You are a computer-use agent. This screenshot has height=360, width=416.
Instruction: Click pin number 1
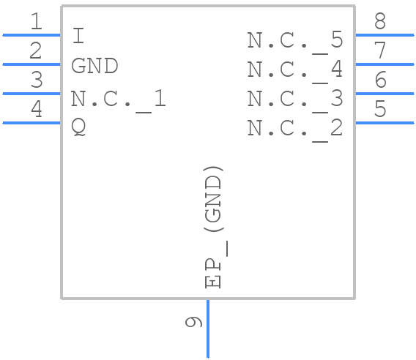pos(36,22)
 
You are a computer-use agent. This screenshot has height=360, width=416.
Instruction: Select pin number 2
pos(36,51)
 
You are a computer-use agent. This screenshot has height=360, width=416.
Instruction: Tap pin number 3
pos(36,80)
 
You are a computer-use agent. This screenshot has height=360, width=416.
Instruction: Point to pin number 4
pos(36,110)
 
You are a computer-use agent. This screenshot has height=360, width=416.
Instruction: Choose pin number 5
pos(379,110)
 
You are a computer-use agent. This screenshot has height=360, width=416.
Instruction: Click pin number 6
pos(379,80)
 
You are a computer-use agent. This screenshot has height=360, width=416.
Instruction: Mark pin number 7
pos(379,51)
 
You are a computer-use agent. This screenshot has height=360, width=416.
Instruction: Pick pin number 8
pos(379,22)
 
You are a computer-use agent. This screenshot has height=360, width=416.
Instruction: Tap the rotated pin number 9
pos(193,322)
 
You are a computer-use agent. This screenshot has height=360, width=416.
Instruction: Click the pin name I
pos(78,36)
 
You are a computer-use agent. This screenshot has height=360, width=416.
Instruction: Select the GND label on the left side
pos(94,66)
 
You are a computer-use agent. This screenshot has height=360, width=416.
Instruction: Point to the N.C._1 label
pos(118,99)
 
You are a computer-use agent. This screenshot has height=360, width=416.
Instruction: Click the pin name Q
pos(78,127)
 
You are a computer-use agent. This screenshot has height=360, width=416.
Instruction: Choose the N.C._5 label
pos(294,40)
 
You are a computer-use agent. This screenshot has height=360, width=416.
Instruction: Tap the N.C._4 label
pos(294,70)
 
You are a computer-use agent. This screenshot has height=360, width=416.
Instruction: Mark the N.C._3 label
pos(294,99)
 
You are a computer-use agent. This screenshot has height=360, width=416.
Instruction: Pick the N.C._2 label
pos(294,128)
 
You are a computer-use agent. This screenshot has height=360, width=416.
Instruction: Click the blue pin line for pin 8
pos(384,34)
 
